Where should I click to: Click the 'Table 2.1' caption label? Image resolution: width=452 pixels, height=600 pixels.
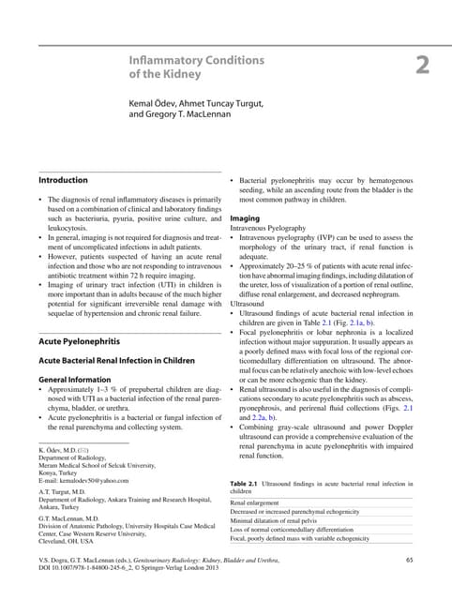[247, 483]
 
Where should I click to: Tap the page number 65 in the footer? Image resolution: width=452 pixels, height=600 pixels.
[409, 559]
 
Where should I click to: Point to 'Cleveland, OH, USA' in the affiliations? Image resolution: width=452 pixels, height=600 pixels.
[66, 541]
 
